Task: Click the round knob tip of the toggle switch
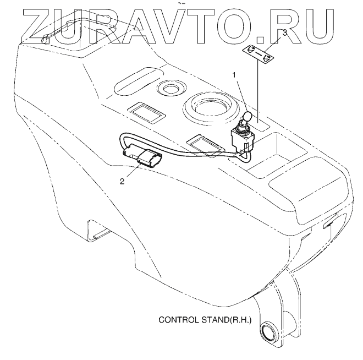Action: (247, 117)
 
